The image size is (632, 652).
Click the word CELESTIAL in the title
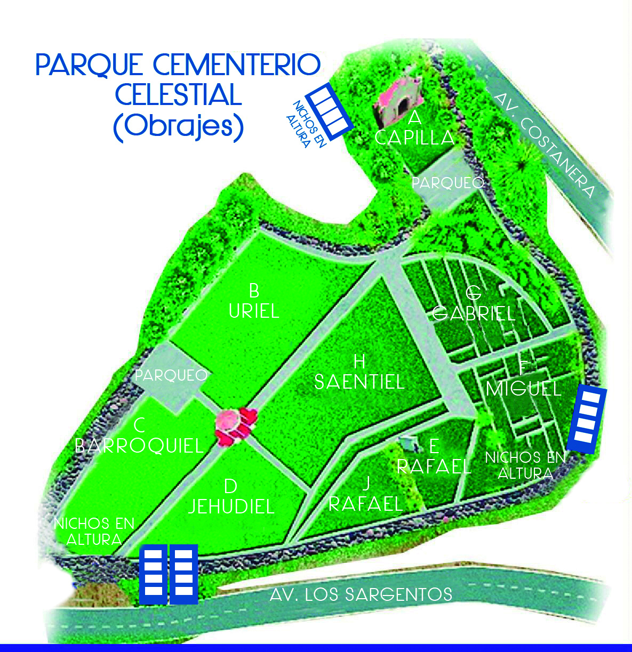pyautogui.click(x=178, y=95)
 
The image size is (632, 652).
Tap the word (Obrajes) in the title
pyautogui.click(x=178, y=127)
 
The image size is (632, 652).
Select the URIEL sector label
pyautogui.click(x=254, y=311)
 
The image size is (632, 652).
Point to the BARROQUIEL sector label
pyautogui.click(x=139, y=446)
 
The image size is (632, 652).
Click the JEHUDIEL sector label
pyautogui.click(x=231, y=506)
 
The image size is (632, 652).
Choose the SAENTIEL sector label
pyautogui.click(x=359, y=382)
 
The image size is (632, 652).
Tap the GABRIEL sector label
pyautogui.click(x=474, y=313)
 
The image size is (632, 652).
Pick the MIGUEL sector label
pyautogui.click(x=524, y=389)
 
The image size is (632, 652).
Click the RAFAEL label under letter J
pyautogui.click(x=365, y=503)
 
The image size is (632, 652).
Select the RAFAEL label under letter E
pyautogui.click(x=434, y=466)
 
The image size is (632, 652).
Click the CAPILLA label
pyautogui.click(x=414, y=138)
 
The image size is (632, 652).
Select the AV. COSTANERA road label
pyautogui.click(x=544, y=145)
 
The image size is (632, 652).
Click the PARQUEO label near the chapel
pyautogui.click(x=447, y=183)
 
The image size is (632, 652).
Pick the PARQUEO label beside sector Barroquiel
pyautogui.click(x=171, y=375)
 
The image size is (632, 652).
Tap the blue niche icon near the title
pyautogui.click(x=331, y=112)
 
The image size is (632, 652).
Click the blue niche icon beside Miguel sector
pyautogui.click(x=587, y=420)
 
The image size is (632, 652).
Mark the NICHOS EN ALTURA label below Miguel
pyautogui.click(x=525, y=465)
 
